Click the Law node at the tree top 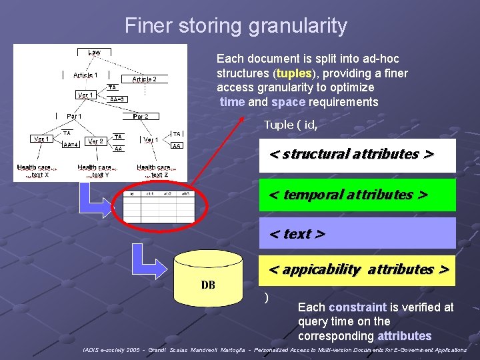pos(95,52)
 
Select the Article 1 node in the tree pos(85,75)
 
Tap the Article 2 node pos(144,79)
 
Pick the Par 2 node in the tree pos(141,117)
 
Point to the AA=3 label pos(118,99)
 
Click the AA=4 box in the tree pos(71,144)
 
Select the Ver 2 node pos(95,141)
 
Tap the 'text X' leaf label pos(40,175)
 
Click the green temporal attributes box pos(357,195)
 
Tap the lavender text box pos(357,233)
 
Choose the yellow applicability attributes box pos(357,270)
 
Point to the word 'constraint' pos(357,307)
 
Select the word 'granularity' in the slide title pos(297,26)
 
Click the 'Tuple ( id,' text pos(290,125)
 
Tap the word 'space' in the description pos(288,102)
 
